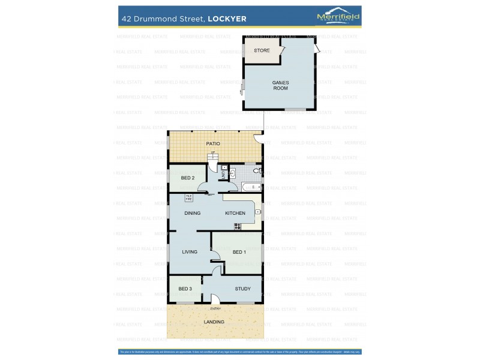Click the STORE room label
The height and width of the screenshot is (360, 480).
pos(262,50)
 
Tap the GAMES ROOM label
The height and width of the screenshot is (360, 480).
pos(280,85)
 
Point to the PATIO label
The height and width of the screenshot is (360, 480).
pos(213,144)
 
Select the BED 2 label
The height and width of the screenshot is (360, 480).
pos(188,178)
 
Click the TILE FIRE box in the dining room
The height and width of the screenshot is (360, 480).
pos(188,197)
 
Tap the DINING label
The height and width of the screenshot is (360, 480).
pos(192,213)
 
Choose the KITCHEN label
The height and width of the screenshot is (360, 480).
pos(235,213)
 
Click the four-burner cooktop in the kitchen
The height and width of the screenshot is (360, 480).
pos(238,226)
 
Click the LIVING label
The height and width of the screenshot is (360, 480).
pos(190,252)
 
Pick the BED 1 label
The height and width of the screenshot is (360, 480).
pos(239,252)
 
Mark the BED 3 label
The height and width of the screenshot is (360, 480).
pos(185,289)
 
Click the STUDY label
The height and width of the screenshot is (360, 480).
pos(242,289)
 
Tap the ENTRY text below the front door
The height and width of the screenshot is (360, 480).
pos(215,309)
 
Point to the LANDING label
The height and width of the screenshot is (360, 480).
pos(214,322)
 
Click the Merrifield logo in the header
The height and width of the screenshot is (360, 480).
pos(338,17)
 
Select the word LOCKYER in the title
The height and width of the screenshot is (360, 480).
pos(227,19)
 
